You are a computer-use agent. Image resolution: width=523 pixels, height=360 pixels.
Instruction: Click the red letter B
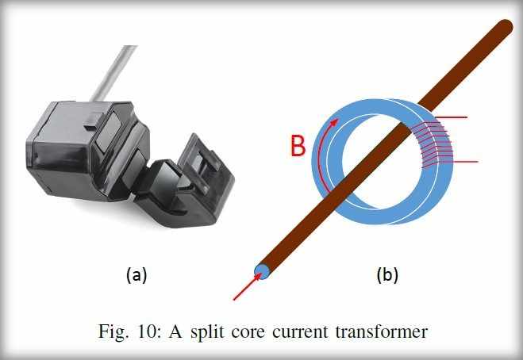(x=298, y=146)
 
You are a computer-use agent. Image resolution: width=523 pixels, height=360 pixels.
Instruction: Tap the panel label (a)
(x=137, y=275)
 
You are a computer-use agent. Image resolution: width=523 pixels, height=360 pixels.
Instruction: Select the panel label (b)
(x=387, y=275)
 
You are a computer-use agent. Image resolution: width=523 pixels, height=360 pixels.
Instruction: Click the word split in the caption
(x=207, y=332)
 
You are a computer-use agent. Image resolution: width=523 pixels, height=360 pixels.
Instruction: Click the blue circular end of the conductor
(x=262, y=272)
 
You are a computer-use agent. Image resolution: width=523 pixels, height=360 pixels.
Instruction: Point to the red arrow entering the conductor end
(x=247, y=287)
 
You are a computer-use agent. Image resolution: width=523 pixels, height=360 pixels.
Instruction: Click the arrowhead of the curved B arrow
(x=335, y=123)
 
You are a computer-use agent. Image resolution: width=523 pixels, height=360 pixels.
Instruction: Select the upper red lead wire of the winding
(x=451, y=117)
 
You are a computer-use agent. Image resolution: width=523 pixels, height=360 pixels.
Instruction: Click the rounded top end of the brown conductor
(x=505, y=27)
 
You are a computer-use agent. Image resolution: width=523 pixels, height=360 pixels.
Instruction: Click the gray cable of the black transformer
(x=113, y=73)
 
